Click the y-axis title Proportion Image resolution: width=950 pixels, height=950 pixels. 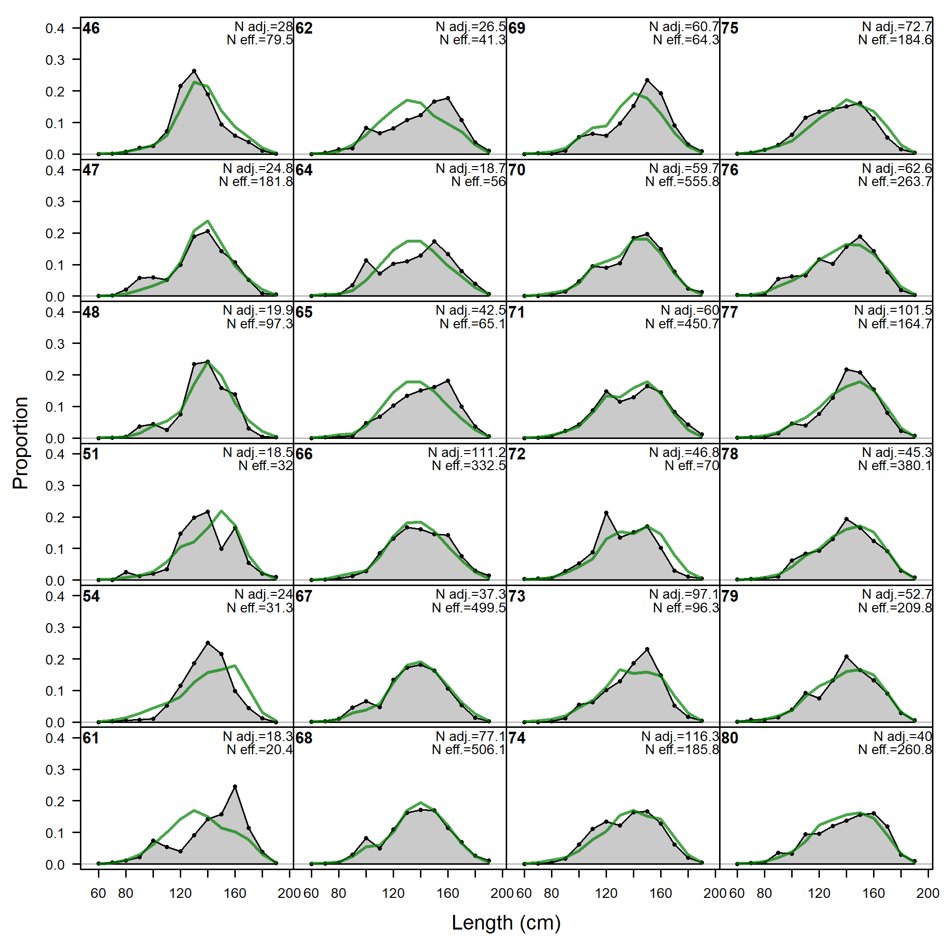[x=20, y=442]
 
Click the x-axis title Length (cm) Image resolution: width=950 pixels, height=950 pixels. [x=506, y=923]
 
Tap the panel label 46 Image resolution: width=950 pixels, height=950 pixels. [x=91, y=29]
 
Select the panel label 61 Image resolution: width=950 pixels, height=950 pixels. [x=91, y=738]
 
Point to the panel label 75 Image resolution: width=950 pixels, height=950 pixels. [x=730, y=29]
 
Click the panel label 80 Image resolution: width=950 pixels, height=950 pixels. [x=730, y=738]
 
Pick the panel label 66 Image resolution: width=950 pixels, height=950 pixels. [x=304, y=454]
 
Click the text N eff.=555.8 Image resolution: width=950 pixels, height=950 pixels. [x=682, y=182]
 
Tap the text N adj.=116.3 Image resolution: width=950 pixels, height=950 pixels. [x=680, y=737]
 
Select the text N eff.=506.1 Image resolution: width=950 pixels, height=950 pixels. [x=469, y=750]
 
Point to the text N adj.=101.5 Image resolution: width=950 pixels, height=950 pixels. [x=893, y=310]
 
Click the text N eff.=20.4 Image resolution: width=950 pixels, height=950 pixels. [x=260, y=750]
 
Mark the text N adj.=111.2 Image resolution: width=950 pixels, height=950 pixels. [x=467, y=453]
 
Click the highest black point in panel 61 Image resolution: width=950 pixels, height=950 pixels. [x=235, y=787]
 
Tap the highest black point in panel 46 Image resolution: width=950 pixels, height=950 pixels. [x=194, y=71]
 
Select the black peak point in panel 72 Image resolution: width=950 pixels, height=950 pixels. [x=606, y=513]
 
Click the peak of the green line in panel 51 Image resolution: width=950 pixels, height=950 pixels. [x=222, y=511]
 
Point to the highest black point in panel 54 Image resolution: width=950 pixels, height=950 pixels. [x=208, y=643]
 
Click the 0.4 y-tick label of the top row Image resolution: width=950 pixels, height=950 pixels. [x=55, y=29]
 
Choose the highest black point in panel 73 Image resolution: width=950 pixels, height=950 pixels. [x=647, y=649]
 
